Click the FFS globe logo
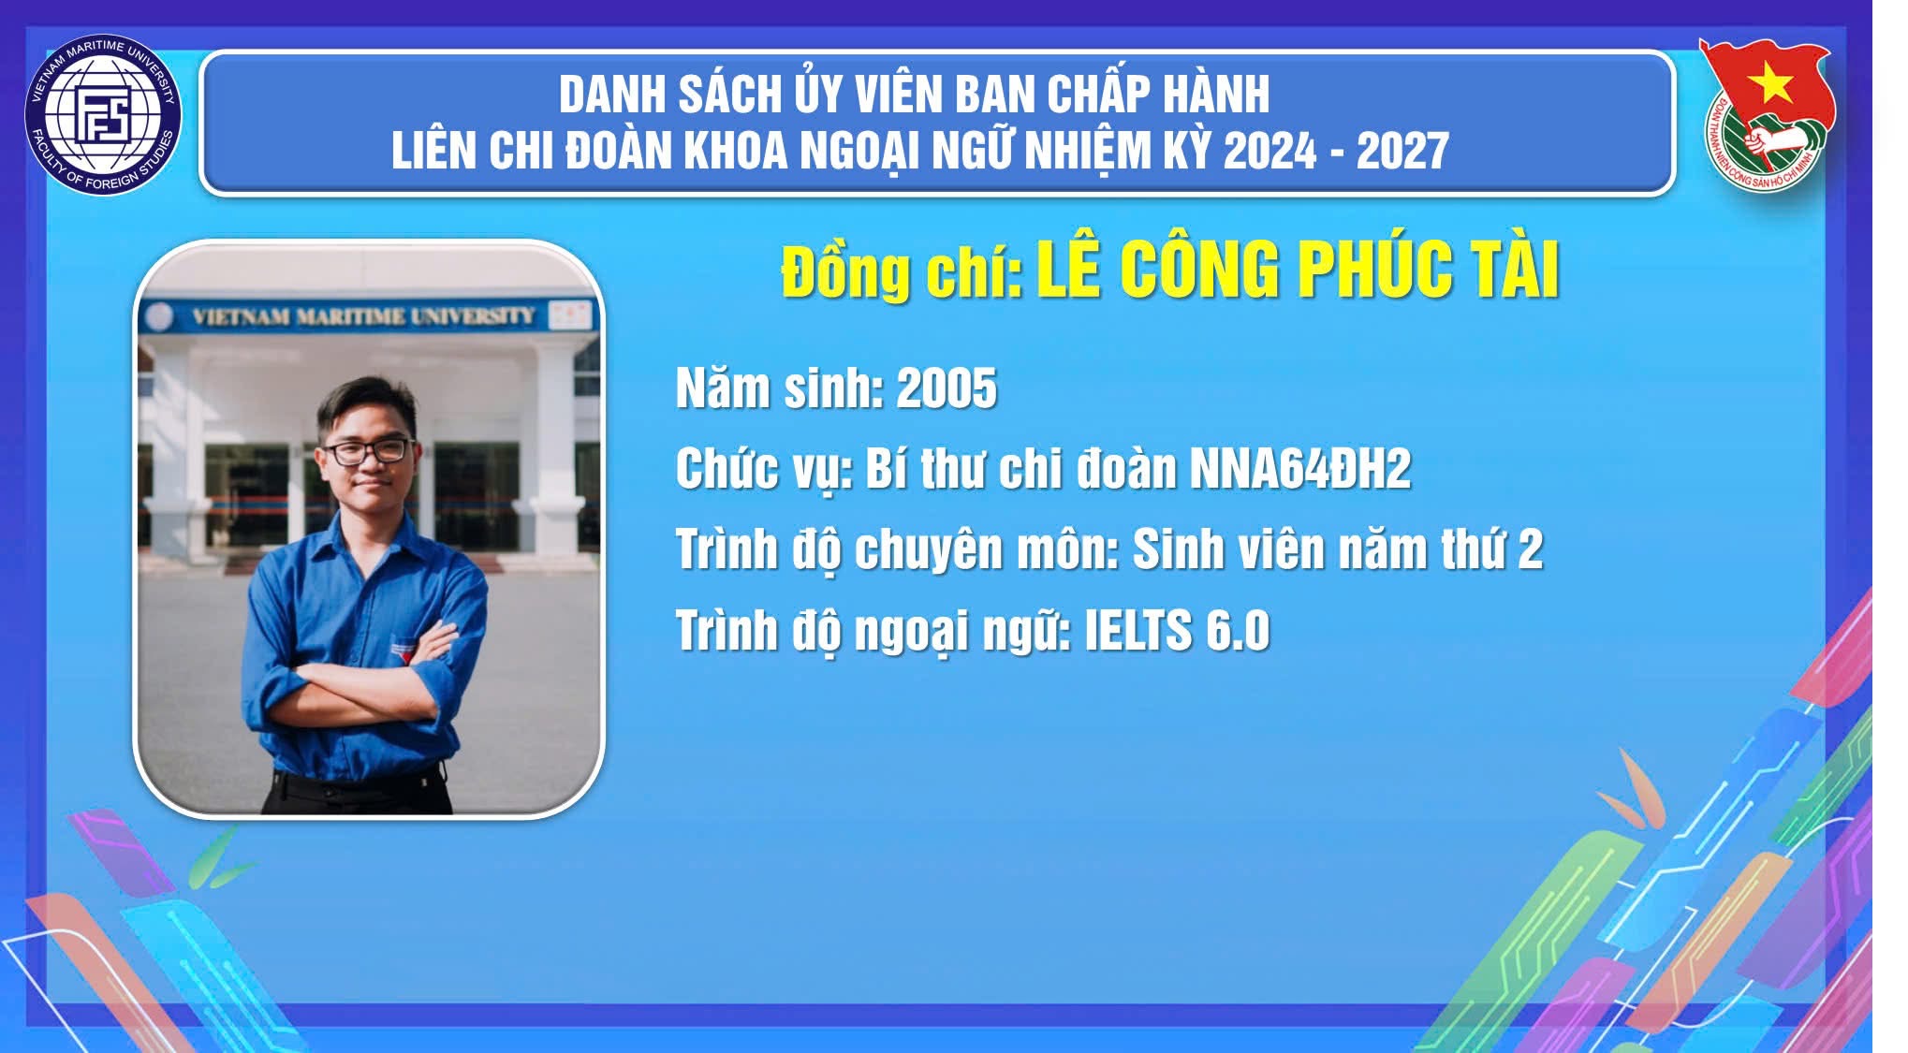point(103,115)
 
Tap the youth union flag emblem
point(1765,112)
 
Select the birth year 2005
point(947,388)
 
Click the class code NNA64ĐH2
point(1299,468)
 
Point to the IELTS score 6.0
point(1238,630)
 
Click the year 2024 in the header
point(1270,151)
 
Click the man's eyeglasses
point(368,451)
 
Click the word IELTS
point(1137,630)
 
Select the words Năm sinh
point(779,388)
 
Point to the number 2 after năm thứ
point(1530,549)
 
